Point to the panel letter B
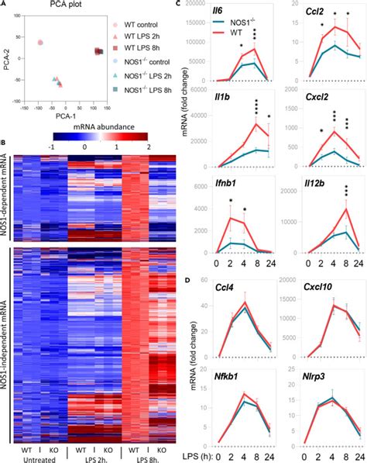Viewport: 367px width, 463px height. point(5,141)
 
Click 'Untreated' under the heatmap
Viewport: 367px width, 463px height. point(43,458)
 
